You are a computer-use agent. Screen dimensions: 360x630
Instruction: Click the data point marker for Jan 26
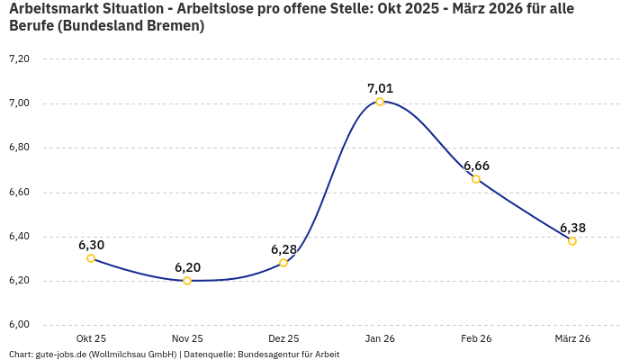(380, 102)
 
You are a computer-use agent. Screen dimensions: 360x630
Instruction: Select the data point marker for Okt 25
(91, 258)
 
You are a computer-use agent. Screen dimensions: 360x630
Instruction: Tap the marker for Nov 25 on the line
(187, 281)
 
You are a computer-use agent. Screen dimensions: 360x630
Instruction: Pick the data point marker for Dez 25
(283, 263)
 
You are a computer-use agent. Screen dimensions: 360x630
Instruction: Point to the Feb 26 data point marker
(476, 179)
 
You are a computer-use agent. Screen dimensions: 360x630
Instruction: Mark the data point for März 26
(572, 241)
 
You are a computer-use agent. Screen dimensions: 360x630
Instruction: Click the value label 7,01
(380, 88)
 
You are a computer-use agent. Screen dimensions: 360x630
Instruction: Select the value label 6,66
(476, 166)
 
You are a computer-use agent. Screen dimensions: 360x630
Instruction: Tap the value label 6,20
(187, 267)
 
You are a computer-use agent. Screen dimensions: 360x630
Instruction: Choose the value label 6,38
(572, 228)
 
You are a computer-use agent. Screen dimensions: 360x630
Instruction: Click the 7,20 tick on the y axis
(19, 59)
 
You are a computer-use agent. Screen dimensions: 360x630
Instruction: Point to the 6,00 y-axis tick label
(19, 325)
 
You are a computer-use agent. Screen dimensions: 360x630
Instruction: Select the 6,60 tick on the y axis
(19, 193)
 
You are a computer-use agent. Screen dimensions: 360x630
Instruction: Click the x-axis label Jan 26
(380, 338)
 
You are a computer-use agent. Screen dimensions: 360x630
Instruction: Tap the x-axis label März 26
(572, 338)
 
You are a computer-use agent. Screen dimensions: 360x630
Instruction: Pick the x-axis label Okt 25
(91, 338)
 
